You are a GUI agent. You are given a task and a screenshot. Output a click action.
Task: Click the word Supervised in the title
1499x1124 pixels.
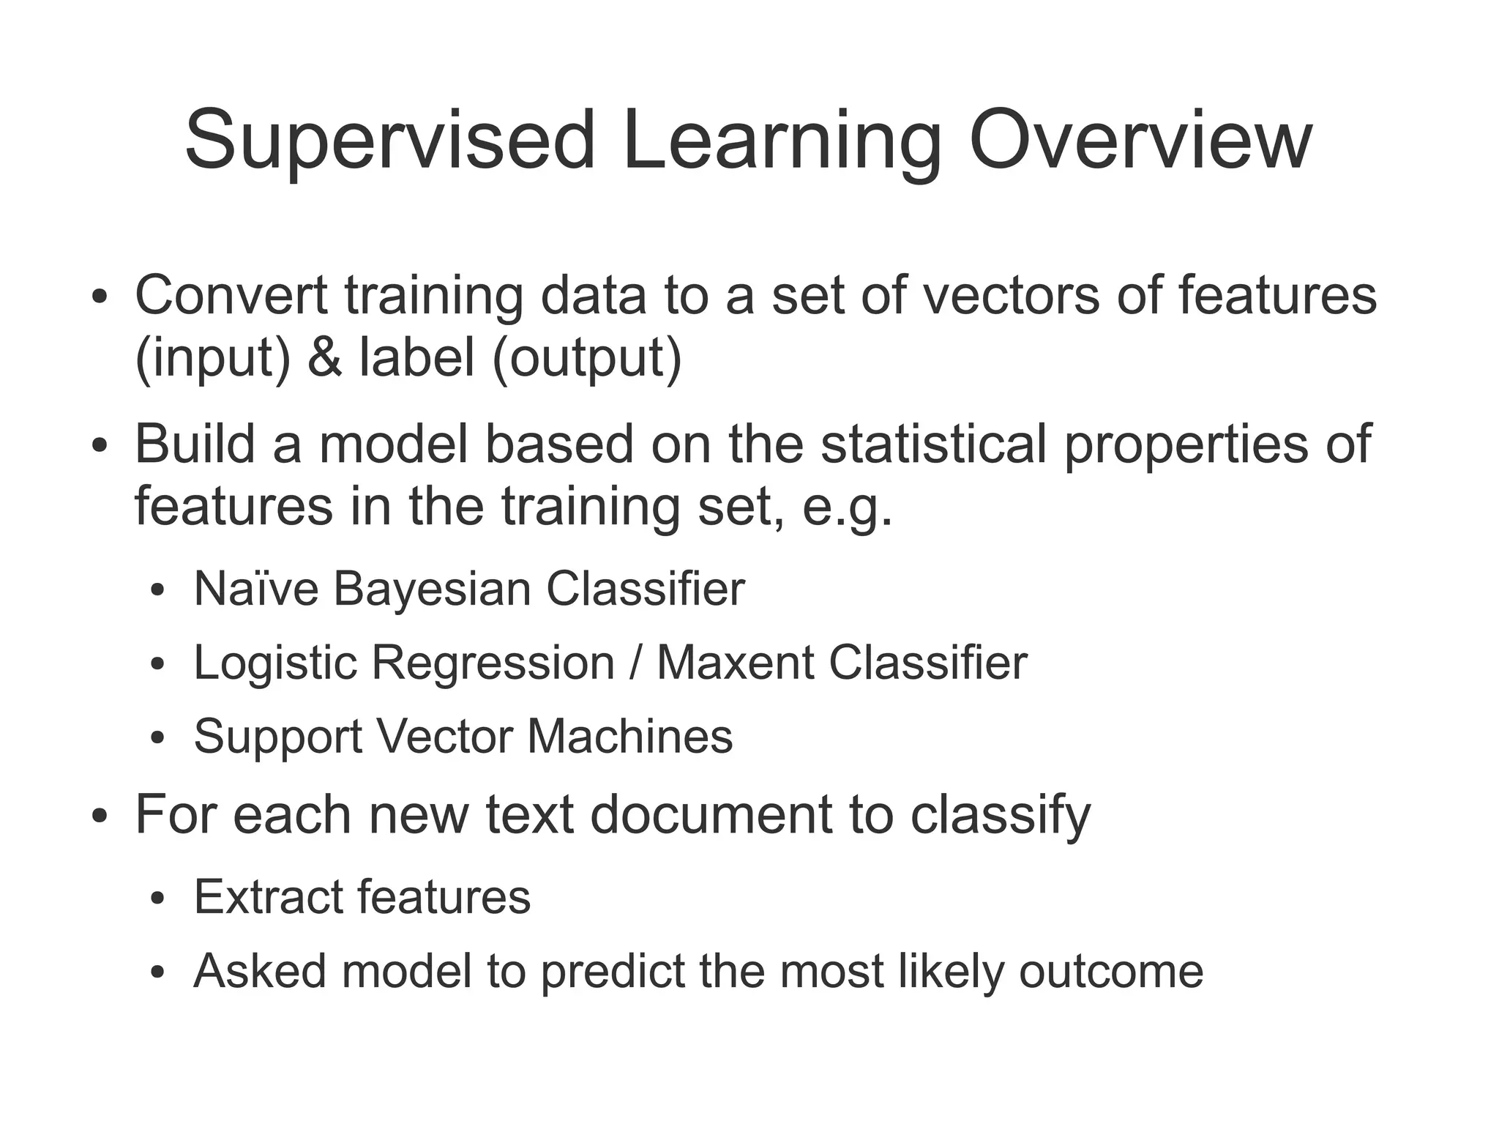389,141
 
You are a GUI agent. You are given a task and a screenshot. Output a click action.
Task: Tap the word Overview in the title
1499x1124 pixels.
1140,141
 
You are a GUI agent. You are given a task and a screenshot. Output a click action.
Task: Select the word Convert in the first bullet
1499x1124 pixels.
231,295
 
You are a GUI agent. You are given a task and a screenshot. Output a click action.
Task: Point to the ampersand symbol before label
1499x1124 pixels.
324,358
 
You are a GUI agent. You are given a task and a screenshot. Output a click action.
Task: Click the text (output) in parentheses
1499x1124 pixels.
587,358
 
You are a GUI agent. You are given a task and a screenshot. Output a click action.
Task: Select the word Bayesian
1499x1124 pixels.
432,589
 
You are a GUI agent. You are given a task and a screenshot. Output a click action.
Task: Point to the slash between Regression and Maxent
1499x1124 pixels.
635,663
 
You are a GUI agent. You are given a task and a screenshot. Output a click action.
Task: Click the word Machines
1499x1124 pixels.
629,737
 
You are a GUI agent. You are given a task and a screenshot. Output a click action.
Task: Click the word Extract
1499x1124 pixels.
267,897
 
